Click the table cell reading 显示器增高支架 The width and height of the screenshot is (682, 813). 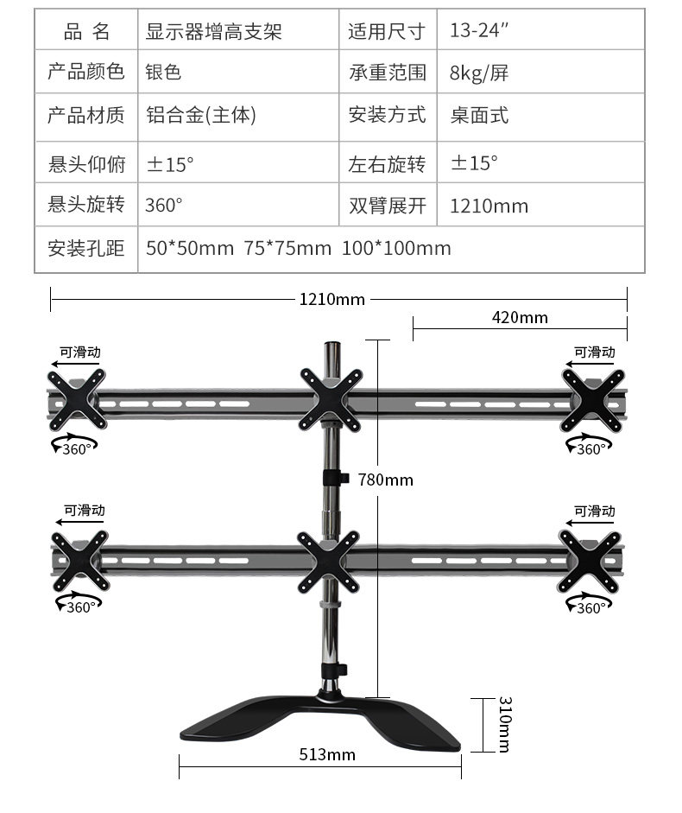tap(214, 32)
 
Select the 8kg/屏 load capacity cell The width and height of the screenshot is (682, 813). tap(479, 73)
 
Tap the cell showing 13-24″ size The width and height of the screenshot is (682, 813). tap(479, 32)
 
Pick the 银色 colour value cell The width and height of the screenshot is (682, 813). tap(163, 73)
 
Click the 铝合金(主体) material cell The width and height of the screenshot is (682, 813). tap(200, 115)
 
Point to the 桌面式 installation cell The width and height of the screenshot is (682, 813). tap(479, 115)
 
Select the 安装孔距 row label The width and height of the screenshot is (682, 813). tap(86, 249)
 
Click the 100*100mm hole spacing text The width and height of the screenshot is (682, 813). tap(396, 249)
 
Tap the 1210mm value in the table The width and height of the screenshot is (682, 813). tap(489, 206)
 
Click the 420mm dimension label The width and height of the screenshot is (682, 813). tap(520, 317)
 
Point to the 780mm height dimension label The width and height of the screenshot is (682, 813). tap(385, 480)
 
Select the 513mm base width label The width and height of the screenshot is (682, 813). tap(327, 754)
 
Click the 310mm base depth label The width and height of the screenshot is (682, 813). tap(503, 724)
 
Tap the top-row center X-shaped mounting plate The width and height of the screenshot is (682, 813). tap(330, 398)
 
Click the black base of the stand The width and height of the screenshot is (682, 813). tap(319, 721)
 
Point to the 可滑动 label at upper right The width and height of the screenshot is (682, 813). tap(595, 352)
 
